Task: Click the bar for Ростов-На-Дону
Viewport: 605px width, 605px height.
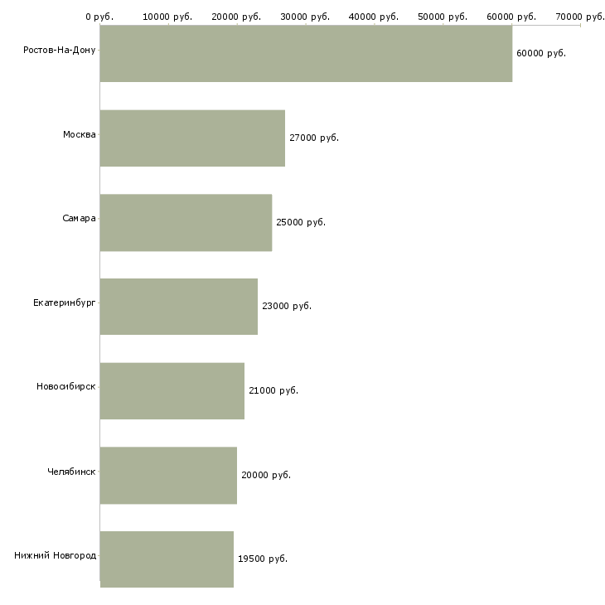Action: coord(306,53)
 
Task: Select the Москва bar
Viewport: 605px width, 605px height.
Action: coord(192,138)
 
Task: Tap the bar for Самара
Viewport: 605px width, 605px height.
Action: coord(186,223)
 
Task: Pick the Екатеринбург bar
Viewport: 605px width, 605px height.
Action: coord(179,307)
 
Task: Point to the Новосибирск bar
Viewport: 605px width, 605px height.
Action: coord(172,391)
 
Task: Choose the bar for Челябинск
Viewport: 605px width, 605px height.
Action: coord(168,476)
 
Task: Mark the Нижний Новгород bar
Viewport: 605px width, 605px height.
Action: coord(167,559)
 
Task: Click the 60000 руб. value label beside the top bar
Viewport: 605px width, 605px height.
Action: coord(541,53)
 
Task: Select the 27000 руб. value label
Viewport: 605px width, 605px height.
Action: coord(314,138)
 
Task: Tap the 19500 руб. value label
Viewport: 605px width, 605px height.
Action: coord(263,559)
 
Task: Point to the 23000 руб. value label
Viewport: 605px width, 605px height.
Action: coord(287,306)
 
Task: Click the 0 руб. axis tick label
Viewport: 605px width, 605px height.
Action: coord(99,17)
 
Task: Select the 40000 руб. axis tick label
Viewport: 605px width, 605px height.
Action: coord(374,17)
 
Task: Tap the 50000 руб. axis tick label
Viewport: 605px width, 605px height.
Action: coord(443,17)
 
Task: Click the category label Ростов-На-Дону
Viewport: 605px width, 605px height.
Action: coord(60,51)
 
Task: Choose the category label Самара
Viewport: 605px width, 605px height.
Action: coord(79,219)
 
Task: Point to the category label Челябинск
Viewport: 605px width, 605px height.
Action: coord(71,472)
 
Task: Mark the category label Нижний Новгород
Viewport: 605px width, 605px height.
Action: coord(56,555)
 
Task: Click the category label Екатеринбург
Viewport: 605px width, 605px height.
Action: coord(65,302)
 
